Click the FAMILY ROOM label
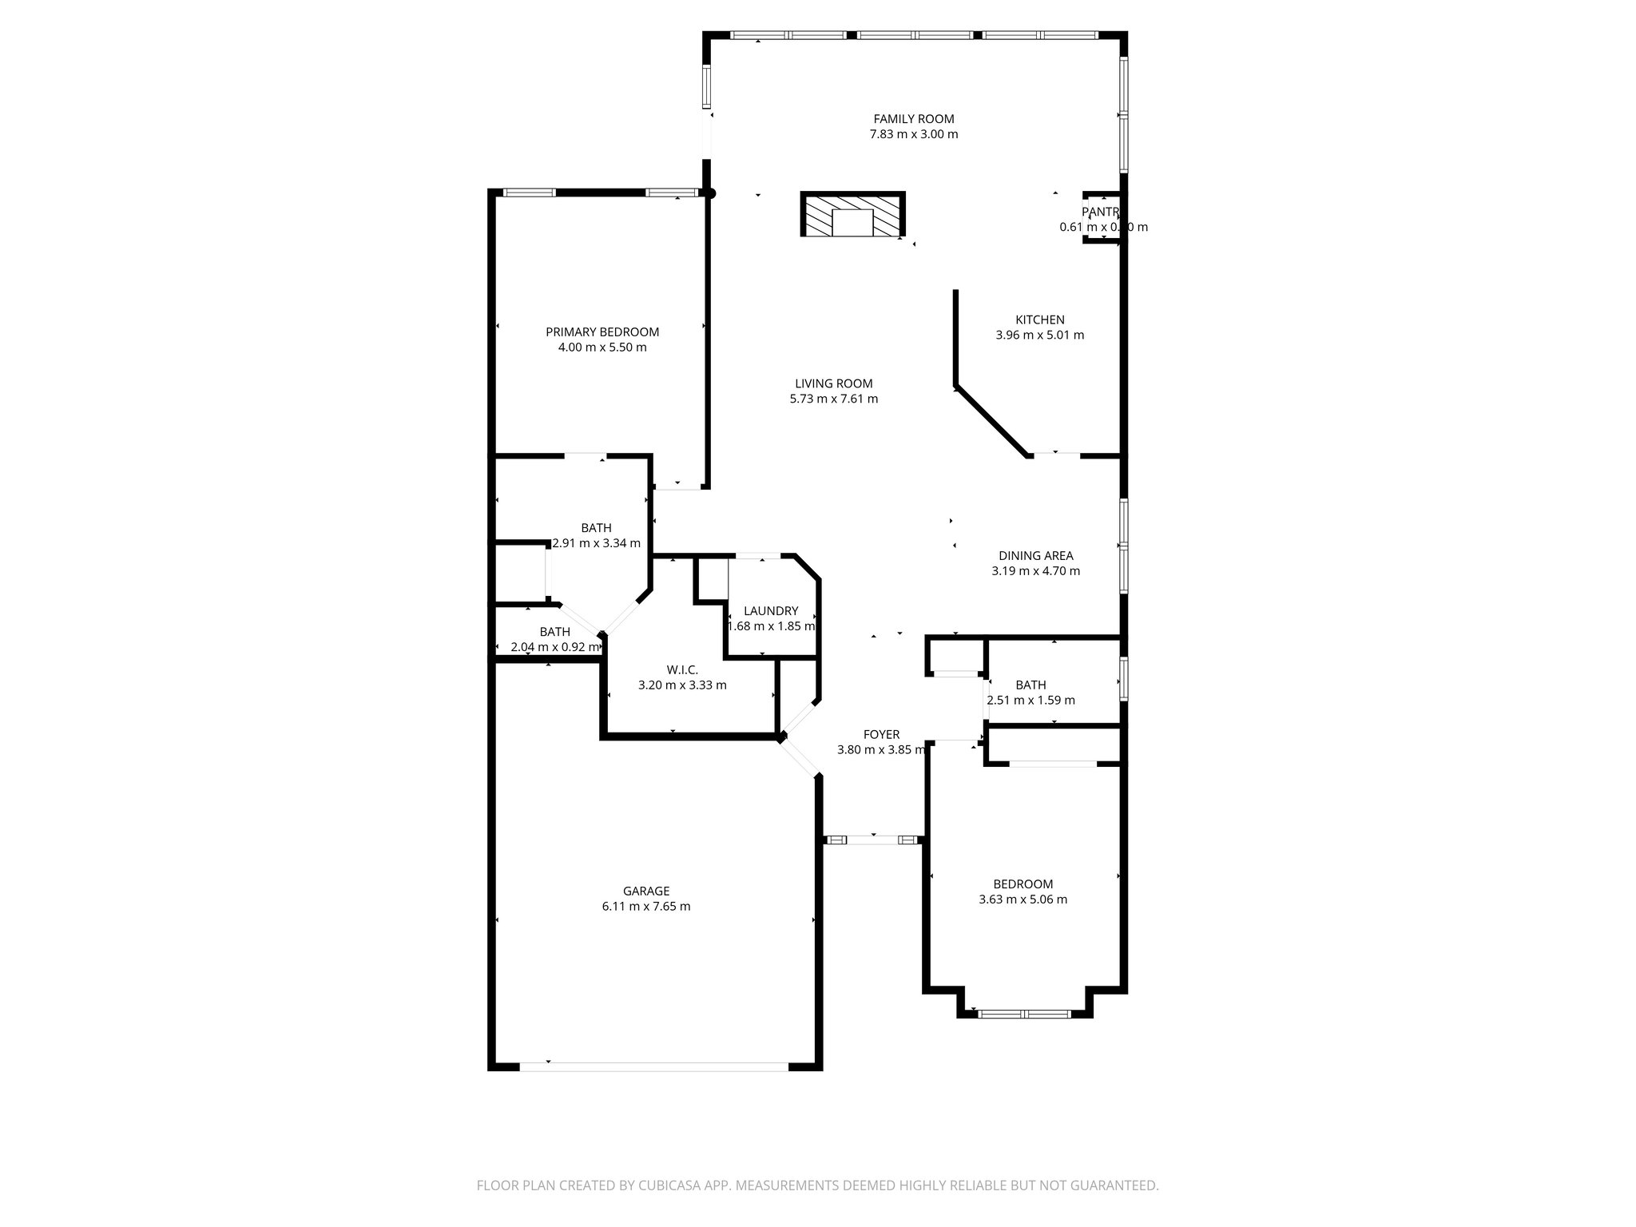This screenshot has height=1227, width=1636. tap(913, 119)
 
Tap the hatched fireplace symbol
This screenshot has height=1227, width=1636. tap(852, 215)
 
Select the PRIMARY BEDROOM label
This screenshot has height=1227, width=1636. tap(602, 332)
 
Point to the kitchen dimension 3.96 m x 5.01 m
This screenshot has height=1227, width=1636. tap(1039, 336)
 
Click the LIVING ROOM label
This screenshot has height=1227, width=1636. tap(833, 383)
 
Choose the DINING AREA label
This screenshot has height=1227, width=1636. tap(1035, 556)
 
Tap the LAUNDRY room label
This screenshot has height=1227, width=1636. tap(770, 611)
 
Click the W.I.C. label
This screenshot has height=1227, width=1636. tap(682, 669)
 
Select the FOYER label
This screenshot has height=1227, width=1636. tap(881, 735)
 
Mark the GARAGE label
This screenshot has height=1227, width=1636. tap(646, 891)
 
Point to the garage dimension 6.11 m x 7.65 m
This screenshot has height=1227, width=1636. tap(646, 907)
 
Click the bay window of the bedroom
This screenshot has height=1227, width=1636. tap(1024, 1015)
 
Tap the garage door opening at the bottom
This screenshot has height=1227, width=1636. tap(653, 1066)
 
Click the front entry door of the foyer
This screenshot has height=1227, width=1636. tap(873, 840)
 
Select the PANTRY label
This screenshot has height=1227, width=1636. tap(1101, 212)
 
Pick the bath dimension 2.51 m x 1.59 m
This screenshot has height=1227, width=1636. tap(1030, 701)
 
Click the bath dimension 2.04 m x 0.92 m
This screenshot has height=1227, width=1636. tap(554, 647)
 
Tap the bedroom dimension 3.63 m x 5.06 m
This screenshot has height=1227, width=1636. tap(1022, 899)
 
